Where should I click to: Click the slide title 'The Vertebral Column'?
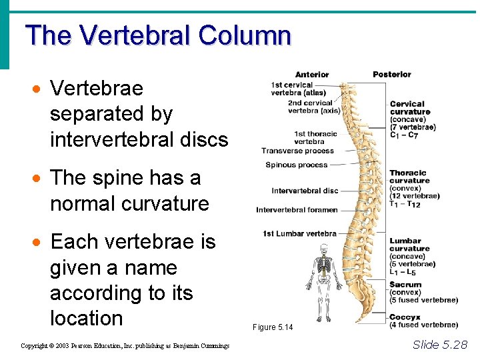pos(158,35)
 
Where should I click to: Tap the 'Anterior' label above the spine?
pos(312,74)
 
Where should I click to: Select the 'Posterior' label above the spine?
pos(392,74)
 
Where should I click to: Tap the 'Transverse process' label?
pos(297,151)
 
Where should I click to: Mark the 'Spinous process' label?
pos(297,165)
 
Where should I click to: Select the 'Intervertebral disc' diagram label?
pos(305,191)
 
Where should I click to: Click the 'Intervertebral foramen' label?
pos(297,210)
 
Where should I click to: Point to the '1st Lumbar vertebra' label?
pos(299,233)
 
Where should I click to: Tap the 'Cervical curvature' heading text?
pos(409,107)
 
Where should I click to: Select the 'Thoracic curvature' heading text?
pos(409,177)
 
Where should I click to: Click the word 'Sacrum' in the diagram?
pos(405,285)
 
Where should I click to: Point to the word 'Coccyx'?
pos(405,317)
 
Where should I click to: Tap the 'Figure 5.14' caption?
pos(273,327)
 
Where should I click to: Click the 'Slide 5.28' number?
pos(440,344)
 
